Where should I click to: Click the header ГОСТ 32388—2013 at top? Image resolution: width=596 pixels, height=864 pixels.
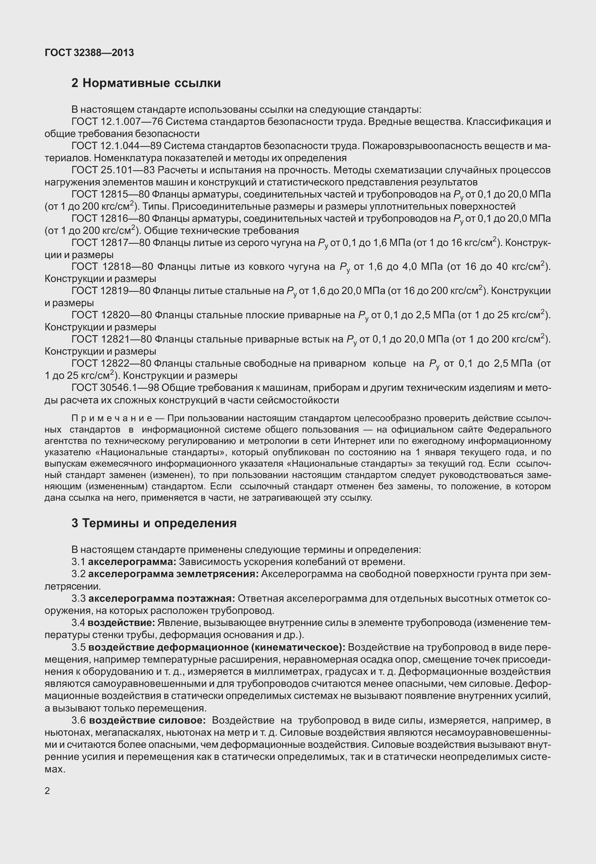(89, 53)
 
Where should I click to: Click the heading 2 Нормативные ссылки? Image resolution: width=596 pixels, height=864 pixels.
(146, 83)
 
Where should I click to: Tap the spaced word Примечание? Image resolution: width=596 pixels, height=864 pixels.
(112, 419)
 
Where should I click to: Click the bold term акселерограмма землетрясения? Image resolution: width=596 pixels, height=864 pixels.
(173, 574)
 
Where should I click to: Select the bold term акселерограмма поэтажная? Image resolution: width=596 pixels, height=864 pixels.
(162, 598)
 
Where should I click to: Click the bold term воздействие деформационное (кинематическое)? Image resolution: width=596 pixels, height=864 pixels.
(216, 647)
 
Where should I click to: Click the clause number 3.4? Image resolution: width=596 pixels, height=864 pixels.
(79, 623)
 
